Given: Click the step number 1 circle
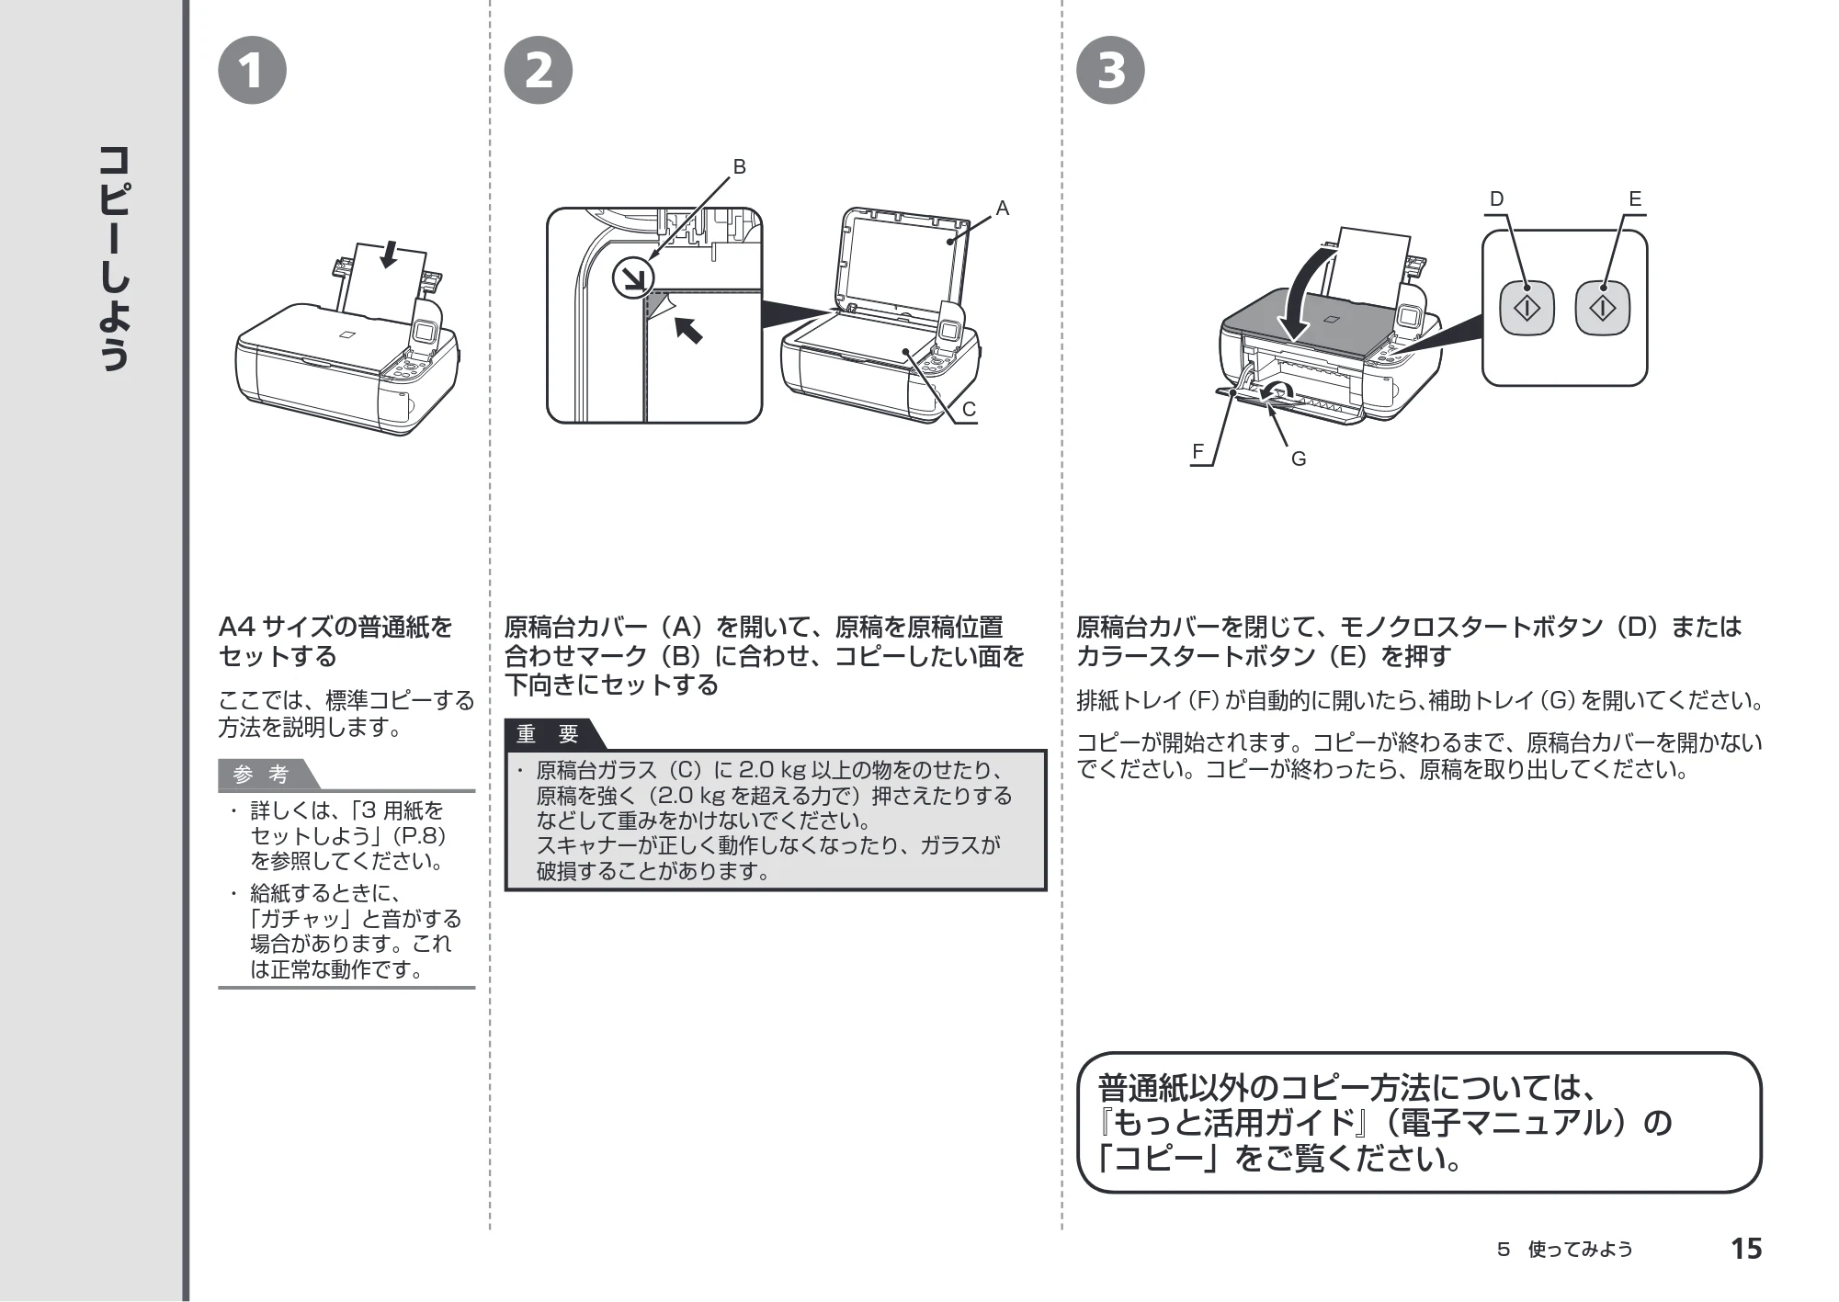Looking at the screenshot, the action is pyautogui.click(x=252, y=71).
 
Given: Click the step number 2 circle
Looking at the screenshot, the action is pyautogui.click(x=539, y=71).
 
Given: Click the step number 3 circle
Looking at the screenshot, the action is pyautogui.click(x=1110, y=71).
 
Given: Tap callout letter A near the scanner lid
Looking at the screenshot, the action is pyautogui.click(x=1003, y=209).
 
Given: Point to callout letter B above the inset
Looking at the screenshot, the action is pyautogui.click(x=739, y=167).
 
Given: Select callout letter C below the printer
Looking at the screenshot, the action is pyautogui.click(x=969, y=410).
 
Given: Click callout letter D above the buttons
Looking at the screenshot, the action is pyautogui.click(x=1496, y=199).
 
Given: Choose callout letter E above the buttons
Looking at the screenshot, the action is pyautogui.click(x=1635, y=199).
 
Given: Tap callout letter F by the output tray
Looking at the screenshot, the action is pyautogui.click(x=1198, y=451).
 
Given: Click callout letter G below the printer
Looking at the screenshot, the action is pyautogui.click(x=1299, y=459).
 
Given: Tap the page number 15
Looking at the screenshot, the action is pyautogui.click(x=1746, y=1249).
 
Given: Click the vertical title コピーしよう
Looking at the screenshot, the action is pyautogui.click(x=114, y=257).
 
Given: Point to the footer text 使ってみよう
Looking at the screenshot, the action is pyautogui.click(x=1580, y=1250).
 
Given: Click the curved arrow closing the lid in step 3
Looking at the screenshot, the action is pyautogui.click(x=1300, y=294).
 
